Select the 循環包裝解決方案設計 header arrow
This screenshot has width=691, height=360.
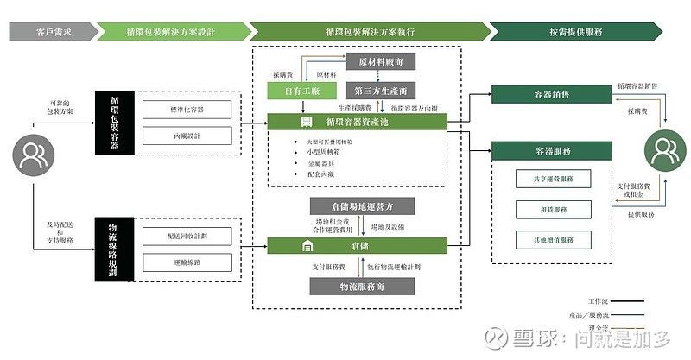(169, 31)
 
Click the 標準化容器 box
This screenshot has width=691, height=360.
(187, 110)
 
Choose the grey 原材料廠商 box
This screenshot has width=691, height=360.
(381, 61)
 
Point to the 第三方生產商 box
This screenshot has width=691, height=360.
(381, 90)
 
